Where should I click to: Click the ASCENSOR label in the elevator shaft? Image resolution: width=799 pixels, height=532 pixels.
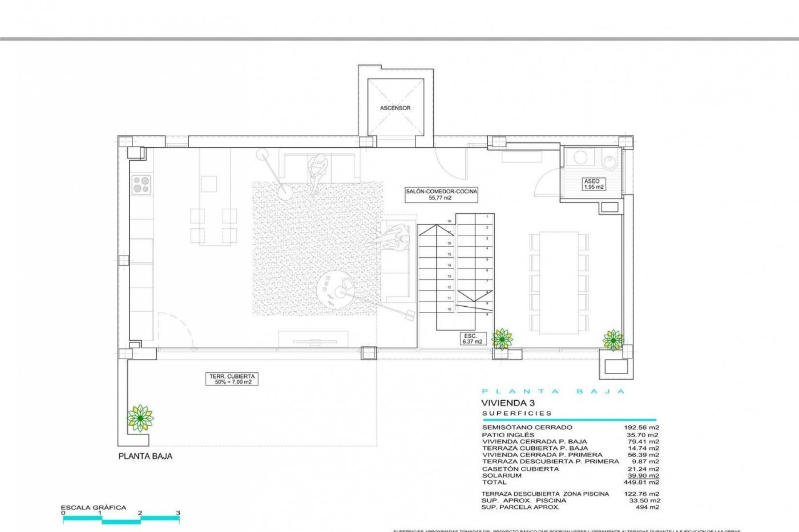(395, 108)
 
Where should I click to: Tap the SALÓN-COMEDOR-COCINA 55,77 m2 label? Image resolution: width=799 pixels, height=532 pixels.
(441, 195)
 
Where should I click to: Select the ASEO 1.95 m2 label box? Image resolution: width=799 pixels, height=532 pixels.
(593, 184)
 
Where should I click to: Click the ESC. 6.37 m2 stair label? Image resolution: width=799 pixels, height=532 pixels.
(472, 339)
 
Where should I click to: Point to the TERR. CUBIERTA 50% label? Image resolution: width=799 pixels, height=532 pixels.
(232, 379)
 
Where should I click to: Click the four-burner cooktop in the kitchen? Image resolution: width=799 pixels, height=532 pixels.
(141, 185)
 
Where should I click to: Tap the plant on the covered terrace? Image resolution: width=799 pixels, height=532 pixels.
(140, 418)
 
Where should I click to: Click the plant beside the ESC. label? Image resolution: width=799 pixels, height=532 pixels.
(502, 339)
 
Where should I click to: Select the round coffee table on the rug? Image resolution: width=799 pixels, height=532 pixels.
(335, 289)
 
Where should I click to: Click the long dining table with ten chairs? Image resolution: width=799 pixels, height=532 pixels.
(559, 283)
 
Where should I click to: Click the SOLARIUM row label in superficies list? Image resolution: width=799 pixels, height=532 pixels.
(501, 475)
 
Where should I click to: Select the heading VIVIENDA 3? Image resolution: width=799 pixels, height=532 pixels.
(508, 403)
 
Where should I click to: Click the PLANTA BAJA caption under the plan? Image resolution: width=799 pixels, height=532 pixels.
(145, 456)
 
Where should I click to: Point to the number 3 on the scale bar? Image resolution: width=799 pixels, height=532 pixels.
(178, 513)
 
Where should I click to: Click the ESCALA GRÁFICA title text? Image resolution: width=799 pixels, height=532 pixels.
(93, 507)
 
